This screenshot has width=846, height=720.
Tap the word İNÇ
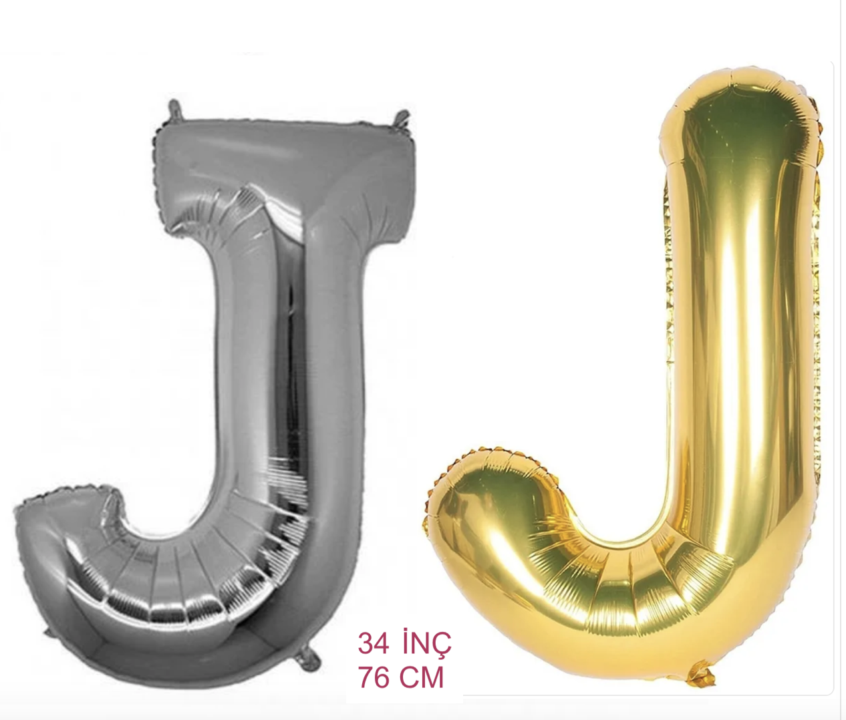[x=427, y=644]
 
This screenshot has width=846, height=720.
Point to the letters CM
[x=421, y=677]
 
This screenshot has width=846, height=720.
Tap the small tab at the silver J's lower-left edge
[x=47, y=632]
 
